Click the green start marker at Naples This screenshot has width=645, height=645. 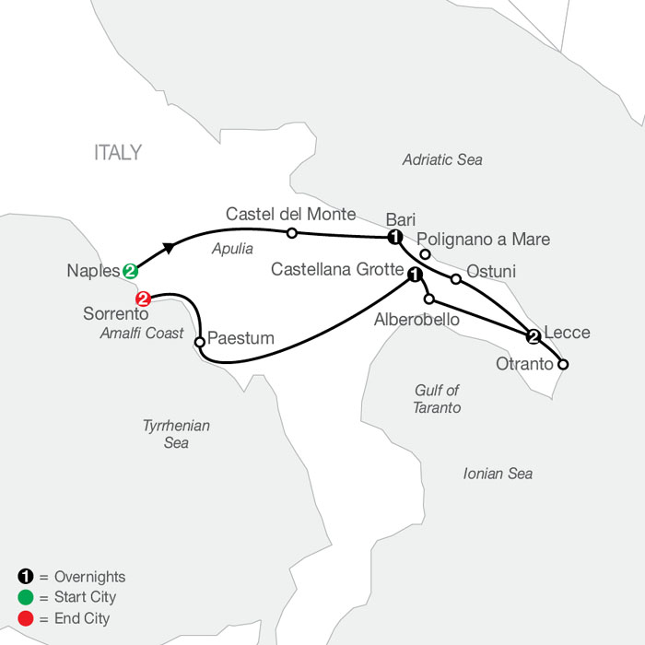130,271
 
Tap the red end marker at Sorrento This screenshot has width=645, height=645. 143,299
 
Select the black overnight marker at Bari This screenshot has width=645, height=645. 395,237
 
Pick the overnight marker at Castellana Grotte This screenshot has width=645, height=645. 415,275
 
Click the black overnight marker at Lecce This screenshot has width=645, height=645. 534,336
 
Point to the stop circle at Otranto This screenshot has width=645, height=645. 563,365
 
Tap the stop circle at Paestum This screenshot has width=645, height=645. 200,342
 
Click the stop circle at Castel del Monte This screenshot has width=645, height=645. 292,233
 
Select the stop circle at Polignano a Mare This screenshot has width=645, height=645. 425,254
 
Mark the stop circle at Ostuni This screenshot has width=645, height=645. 456,279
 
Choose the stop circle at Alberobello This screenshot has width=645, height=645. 429,299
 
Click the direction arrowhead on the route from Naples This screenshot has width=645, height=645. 169,248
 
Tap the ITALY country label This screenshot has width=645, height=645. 118,153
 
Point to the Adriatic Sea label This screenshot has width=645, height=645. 442,159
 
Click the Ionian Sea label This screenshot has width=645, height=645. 498,474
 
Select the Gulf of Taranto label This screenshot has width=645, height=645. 437,399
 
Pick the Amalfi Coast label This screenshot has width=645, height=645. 142,333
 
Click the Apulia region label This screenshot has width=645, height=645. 232,249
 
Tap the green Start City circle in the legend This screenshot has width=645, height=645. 26,597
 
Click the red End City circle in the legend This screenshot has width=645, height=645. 26,618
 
